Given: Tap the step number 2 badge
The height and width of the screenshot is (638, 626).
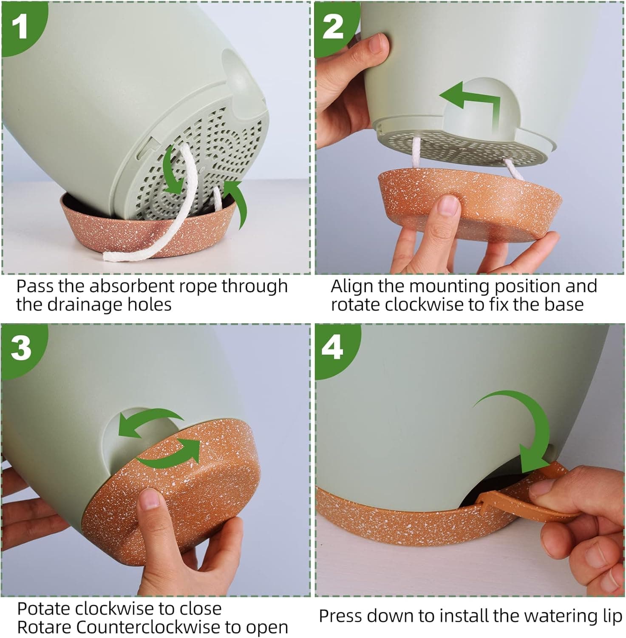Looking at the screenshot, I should coord(334,26).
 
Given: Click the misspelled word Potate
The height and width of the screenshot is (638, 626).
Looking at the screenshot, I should coord(42,609).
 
